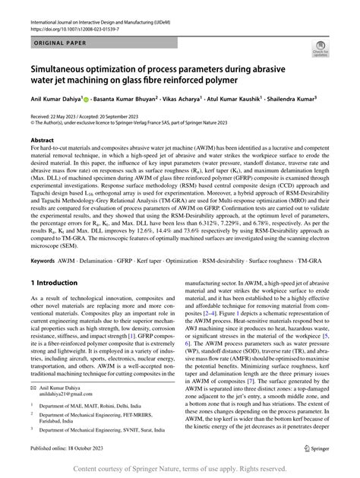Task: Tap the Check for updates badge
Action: tap(319, 49)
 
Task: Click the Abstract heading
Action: tap(42, 141)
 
